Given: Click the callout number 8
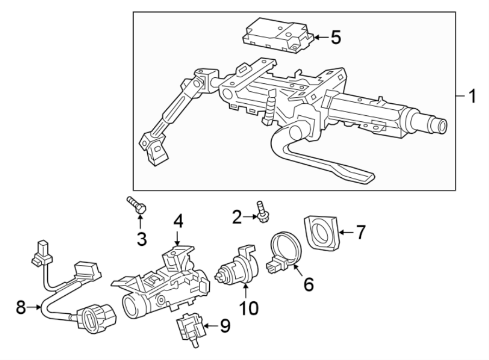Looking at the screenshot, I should point(21,307).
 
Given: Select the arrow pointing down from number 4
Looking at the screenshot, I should point(177,237).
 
